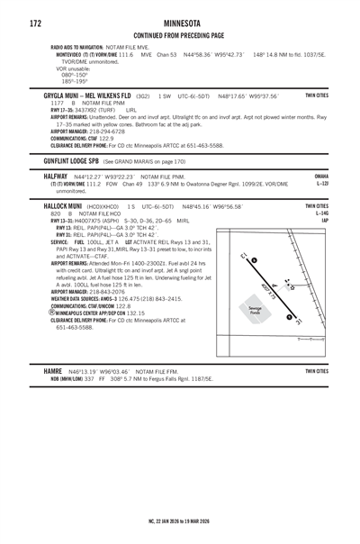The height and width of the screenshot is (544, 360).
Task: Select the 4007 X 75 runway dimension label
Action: click(271, 289)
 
